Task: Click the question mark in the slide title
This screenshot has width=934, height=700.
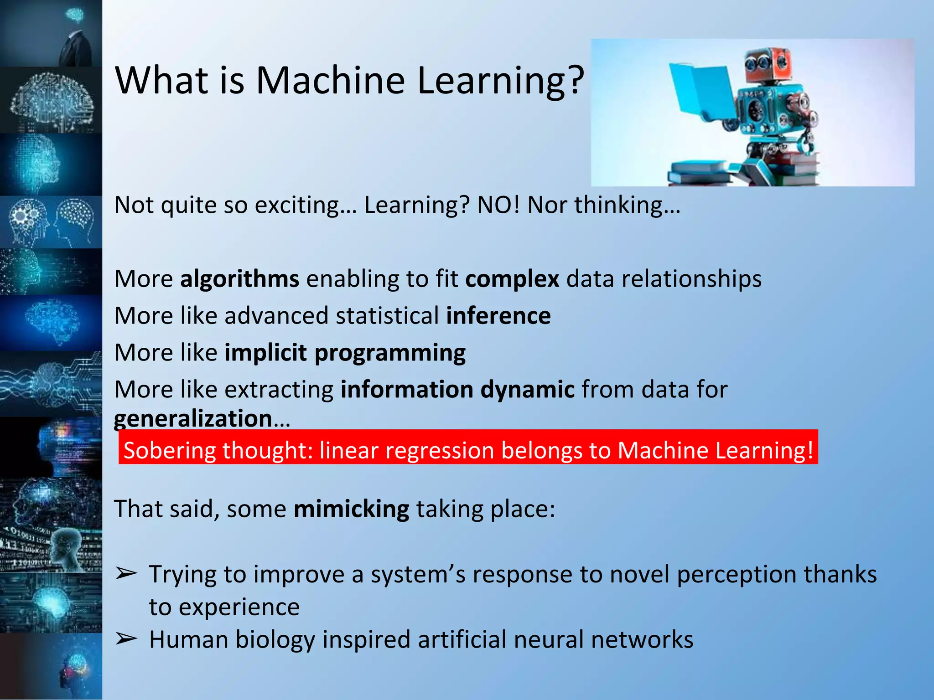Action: tap(576, 80)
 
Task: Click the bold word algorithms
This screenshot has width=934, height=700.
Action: tap(239, 278)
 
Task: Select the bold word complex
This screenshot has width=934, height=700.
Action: tap(512, 279)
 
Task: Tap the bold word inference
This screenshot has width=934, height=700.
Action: tap(498, 315)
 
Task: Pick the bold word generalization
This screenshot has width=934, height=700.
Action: tap(193, 419)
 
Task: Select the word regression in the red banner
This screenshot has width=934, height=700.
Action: tap(439, 451)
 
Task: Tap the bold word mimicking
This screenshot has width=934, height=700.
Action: tap(351, 509)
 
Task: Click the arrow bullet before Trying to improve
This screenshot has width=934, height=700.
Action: tap(126, 574)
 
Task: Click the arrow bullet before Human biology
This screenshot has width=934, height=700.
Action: tap(126, 639)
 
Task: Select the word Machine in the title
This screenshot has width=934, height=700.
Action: tap(330, 80)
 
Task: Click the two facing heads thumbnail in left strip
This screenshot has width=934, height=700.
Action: tap(51, 222)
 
